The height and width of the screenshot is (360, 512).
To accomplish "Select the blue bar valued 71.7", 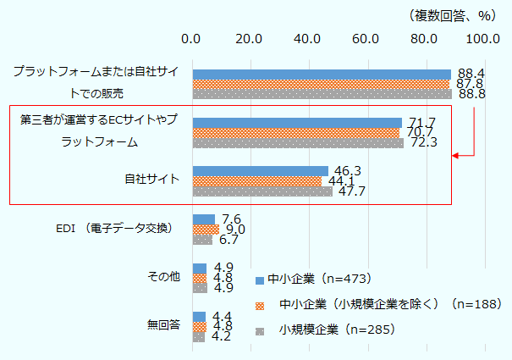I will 297,123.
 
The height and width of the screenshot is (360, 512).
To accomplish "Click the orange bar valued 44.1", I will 257,180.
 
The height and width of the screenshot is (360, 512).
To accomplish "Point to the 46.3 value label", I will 348,170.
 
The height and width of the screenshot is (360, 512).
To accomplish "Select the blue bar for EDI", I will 204,219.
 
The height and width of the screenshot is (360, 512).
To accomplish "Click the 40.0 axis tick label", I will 307,38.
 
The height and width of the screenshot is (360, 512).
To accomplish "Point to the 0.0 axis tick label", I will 192,38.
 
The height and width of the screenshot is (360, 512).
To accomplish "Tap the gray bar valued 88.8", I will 322,94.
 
